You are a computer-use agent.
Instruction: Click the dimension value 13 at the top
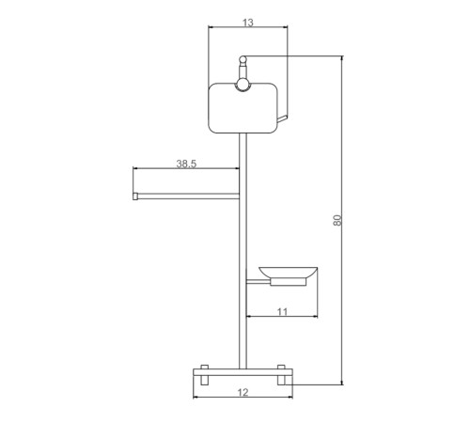point(248,23)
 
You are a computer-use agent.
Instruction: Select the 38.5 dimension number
point(186,164)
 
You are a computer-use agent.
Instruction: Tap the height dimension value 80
point(337,220)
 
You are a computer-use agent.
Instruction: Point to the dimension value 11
point(282,312)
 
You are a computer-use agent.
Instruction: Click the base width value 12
point(243,392)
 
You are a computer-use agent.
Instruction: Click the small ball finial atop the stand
point(243,59)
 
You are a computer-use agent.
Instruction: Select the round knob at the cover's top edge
point(243,86)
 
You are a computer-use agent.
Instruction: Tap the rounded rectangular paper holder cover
point(243,108)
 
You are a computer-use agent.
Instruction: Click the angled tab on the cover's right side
point(282,118)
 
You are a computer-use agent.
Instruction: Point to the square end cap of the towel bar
point(135,196)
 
